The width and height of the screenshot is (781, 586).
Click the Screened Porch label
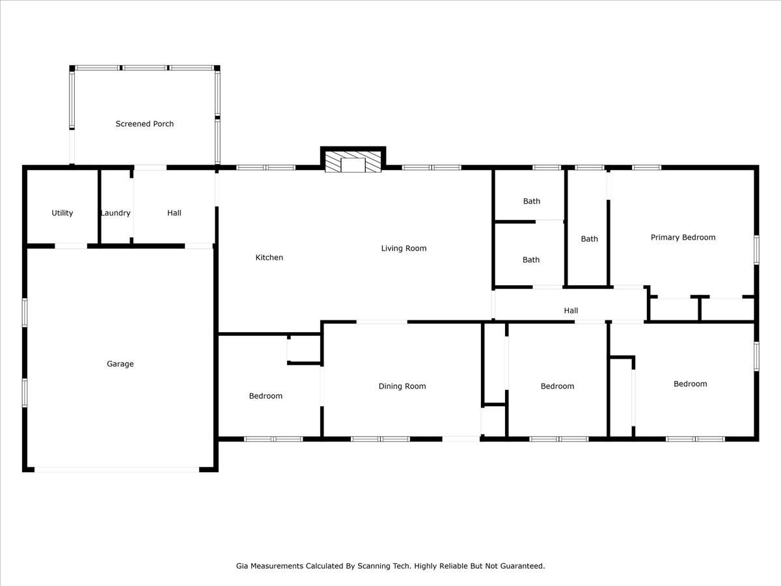click(144, 124)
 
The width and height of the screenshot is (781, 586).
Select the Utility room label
click(62, 213)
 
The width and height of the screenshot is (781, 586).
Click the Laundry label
click(115, 213)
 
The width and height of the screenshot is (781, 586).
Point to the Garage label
click(120, 364)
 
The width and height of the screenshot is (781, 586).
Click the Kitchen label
click(269, 257)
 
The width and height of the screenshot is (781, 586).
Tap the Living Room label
click(404, 248)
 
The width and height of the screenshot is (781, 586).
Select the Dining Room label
click(402, 386)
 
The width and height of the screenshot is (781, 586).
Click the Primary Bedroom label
click(683, 238)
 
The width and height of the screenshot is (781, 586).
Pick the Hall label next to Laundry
click(174, 213)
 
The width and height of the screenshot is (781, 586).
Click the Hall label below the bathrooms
click(571, 311)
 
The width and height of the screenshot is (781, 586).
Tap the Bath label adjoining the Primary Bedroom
click(589, 239)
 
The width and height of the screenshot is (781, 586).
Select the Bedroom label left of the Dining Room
click(266, 396)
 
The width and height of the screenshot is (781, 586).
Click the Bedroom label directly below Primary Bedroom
click(690, 384)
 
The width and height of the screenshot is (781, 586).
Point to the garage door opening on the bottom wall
click(117, 469)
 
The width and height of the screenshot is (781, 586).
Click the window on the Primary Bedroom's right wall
click(756, 249)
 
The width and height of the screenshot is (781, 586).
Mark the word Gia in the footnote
click(242, 566)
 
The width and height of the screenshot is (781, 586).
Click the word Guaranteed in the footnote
click(521, 566)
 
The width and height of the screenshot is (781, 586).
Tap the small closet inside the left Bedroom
click(303, 350)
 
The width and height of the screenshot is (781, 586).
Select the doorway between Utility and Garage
click(71, 246)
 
